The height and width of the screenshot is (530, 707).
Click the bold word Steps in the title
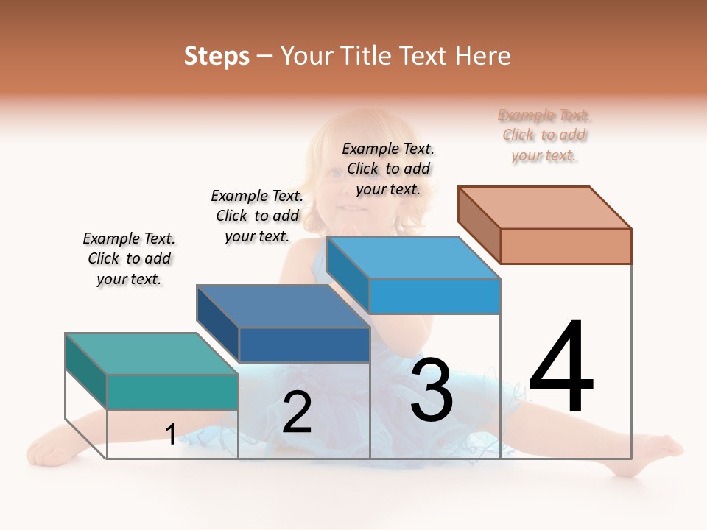[x=217, y=56]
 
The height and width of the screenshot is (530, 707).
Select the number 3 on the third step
[x=432, y=390]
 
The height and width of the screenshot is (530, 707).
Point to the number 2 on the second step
[x=297, y=412]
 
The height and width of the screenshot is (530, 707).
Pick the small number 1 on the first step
[x=171, y=434]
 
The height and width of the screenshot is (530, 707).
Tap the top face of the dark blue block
[x=284, y=305]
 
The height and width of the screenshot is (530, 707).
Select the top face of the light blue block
[x=414, y=258]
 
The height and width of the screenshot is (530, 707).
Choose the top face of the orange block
[x=545, y=208]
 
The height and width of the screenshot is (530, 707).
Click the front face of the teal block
[x=173, y=392]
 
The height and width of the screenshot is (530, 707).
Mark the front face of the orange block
[x=566, y=246]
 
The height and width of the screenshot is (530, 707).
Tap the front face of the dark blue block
[x=304, y=344]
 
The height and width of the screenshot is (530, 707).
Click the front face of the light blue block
[x=435, y=296]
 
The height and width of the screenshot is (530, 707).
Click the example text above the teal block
[x=129, y=258]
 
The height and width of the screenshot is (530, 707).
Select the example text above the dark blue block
[x=257, y=216]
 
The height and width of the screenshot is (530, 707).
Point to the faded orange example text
[x=544, y=135]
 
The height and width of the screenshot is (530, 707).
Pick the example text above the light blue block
[x=388, y=169]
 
